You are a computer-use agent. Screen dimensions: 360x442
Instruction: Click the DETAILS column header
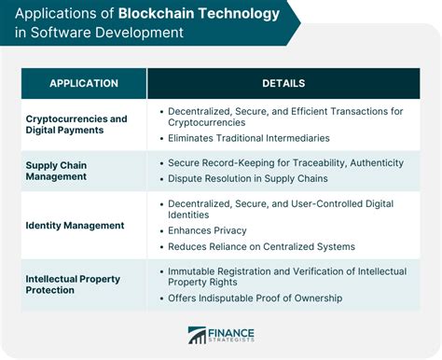[x=283, y=83]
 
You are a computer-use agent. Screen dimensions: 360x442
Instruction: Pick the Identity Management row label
[x=75, y=225]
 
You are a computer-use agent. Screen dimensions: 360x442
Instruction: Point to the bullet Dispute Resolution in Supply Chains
[x=247, y=179]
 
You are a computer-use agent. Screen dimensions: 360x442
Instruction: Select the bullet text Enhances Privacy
[x=206, y=229]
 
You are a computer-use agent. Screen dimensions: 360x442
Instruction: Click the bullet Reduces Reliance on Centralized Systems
[x=261, y=246]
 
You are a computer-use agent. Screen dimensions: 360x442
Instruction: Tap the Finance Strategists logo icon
[x=198, y=336]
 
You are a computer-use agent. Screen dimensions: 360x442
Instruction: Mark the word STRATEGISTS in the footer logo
[x=236, y=343]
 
